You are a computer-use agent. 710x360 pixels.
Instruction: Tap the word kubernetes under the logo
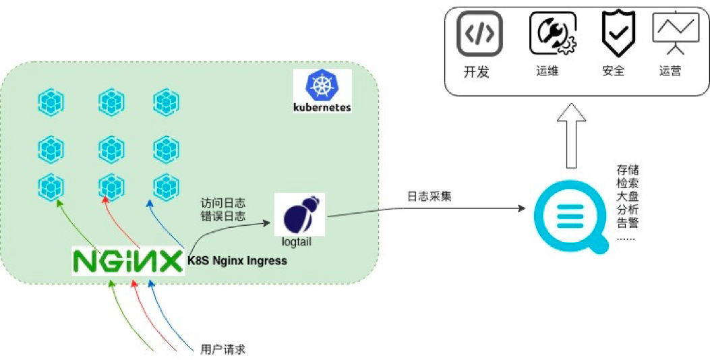322,107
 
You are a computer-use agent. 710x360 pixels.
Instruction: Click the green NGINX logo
128,262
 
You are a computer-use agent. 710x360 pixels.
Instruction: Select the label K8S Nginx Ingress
237,260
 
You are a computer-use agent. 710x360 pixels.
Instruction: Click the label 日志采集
430,197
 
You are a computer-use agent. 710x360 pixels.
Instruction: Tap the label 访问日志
223,202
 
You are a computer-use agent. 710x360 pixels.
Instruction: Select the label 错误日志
223,216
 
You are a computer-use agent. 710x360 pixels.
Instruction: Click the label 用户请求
223,349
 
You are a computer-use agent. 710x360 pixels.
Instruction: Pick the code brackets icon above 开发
480,34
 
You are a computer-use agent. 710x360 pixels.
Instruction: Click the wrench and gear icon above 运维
552,34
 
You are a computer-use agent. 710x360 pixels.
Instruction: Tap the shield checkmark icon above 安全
614,34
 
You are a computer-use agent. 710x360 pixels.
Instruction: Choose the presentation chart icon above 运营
676,34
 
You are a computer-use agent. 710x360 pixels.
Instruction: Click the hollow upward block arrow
572,135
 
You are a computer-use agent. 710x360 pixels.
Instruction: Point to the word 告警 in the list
628,223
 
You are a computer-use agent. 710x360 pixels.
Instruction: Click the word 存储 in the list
628,169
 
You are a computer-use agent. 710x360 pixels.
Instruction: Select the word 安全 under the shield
613,71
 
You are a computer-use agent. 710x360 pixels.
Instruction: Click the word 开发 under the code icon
476,71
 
